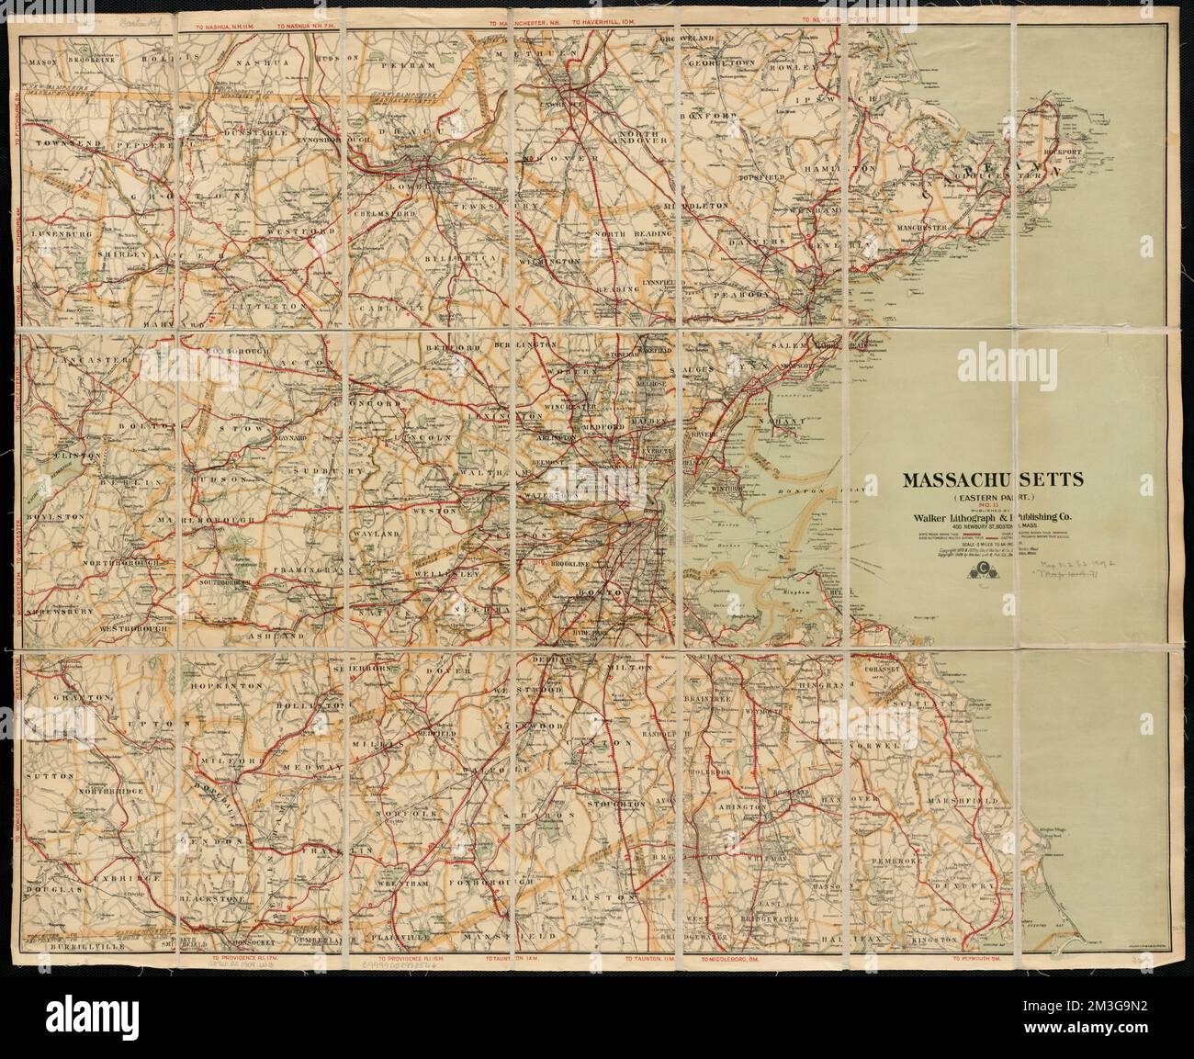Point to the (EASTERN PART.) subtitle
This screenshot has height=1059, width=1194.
coord(978,495)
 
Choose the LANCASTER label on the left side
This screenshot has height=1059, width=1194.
coord(58,360)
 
